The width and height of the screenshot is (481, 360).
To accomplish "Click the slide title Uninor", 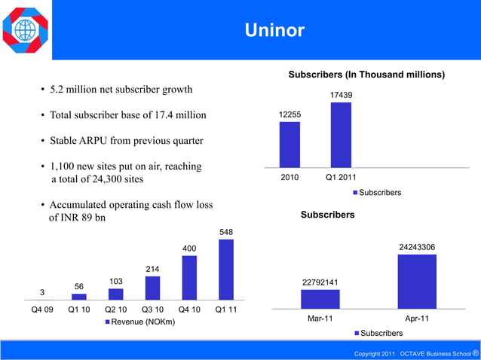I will (274, 30).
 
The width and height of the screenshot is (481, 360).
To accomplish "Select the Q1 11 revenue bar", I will (225, 270).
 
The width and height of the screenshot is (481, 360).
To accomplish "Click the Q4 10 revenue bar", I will (189, 278).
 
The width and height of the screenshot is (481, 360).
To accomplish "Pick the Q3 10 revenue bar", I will (152, 288).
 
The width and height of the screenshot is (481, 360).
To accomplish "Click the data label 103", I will (116, 281).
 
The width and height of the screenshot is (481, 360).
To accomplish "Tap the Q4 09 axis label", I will (41, 309).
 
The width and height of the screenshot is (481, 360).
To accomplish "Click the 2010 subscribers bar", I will (290, 145).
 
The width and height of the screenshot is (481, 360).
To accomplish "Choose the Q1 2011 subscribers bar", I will (341, 135).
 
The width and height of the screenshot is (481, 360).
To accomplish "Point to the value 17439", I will (341, 95).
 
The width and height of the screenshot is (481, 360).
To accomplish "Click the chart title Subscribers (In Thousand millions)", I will (366, 75).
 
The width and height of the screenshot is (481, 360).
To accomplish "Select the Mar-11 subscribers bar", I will (320, 299).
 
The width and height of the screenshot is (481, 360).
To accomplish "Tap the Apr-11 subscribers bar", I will (416, 282).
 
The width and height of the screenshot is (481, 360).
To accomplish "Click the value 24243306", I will (417, 246).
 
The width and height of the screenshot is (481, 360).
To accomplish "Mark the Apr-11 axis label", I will (416, 319).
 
